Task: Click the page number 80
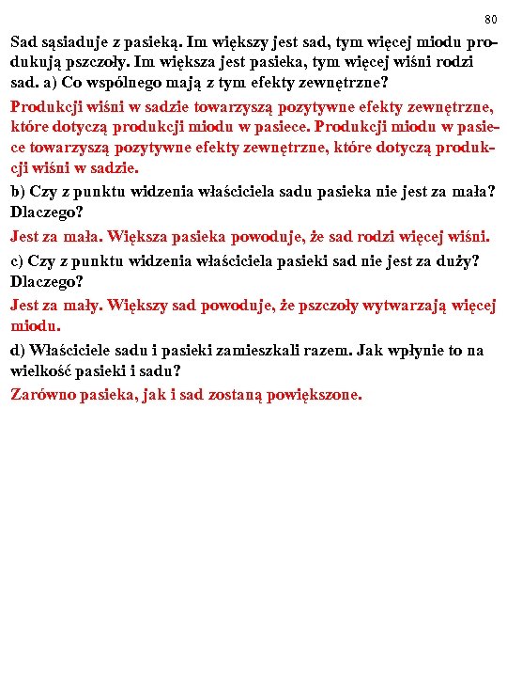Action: [490, 19]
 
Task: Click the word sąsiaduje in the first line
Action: [74, 42]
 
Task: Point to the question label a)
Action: [43, 82]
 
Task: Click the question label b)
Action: [19, 192]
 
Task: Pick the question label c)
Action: [18, 260]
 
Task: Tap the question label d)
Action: [19, 351]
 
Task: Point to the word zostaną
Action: [239, 395]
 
